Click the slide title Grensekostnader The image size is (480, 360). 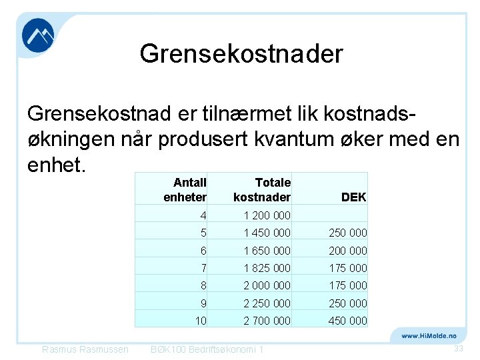pyautogui.click(x=241, y=54)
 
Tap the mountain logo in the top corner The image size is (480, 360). pyautogui.click(x=38, y=35)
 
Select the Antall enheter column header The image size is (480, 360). pyautogui.click(x=185, y=190)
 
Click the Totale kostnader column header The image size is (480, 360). pyautogui.click(x=262, y=190)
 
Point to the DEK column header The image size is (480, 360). pyautogui.click(x=353, y=197)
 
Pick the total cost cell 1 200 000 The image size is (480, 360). pyautogui.click(x=267, y=216)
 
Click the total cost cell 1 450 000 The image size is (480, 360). pyautogui.click(x=267, y=233)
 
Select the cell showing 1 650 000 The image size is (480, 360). pyautogui.click(x=267, y=251)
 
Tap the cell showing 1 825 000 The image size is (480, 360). pyautogui.click(x=267, y=268)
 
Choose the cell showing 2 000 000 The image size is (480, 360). pyautogui.click(x=267, y=285)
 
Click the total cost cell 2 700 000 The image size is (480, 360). pyautogui.click(x=267, y=321)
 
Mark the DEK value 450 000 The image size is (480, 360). pyautogui.click(x=348, y=321)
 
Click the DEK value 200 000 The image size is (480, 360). pyautogui.click(x=348, y=251)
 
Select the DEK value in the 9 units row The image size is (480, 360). pyautogui.click(x=348, y=303)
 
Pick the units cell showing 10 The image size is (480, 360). pyautogui.click(x=201, y=321)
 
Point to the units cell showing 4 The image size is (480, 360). pyautogui.click(x=203, y=216)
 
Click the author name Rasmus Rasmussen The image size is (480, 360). pyautogui.click(x=85, y=350)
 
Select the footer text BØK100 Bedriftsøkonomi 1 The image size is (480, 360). pyautogui.click(x=207, y=350)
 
